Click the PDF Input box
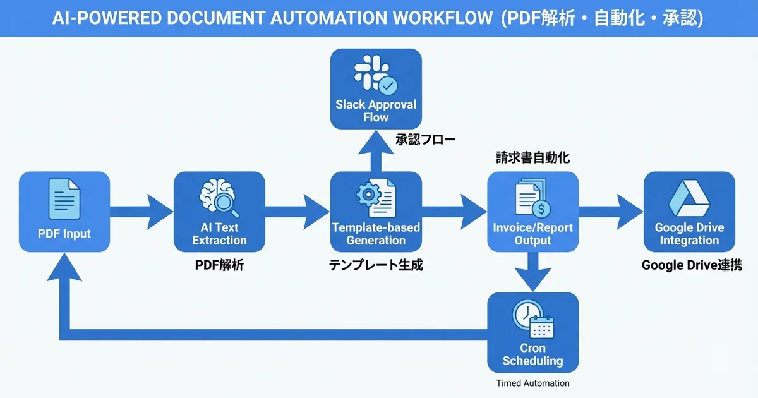(x=64, y=212)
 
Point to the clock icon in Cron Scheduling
(x=526, y=314)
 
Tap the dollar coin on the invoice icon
(x=541, y=207)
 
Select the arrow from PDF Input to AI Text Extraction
(x=141, y=212)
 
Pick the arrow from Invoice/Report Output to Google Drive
(x=610, y=212)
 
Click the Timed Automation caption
(x=532, y=383)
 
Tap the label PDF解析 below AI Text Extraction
(x=219, y=266)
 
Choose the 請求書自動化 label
(x=532, y=158)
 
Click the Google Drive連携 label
(x=691, y=266)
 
